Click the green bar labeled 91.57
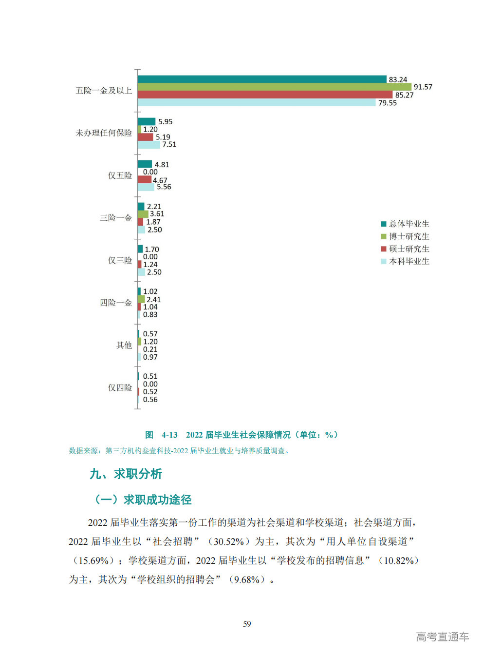click(x=274, y=87)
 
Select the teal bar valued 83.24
click(x=262, y=79)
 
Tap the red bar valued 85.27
click(x=265, y=95)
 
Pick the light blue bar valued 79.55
click(x=257, y=102)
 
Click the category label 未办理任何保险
click(x=104, y=133)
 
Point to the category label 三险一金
click(x=116, y=218)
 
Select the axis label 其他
click(x=124, y=345)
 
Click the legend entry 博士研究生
click(x=409, y=236)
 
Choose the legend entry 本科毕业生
click(x=409, y=261)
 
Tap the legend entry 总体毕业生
click(x=409, y=224)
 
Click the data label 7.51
click(x=169, y=145)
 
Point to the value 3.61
click(x=157, y=214)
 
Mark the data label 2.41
click(x=153, y=300)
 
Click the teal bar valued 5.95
click(x=146, y=121)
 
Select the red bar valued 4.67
click(x=144, y=180)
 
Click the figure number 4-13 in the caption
click(x=169, y=435)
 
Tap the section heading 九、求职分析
click(x=126, y=474)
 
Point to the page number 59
click(x=247, y=624)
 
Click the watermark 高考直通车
click(x=442, y=637)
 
